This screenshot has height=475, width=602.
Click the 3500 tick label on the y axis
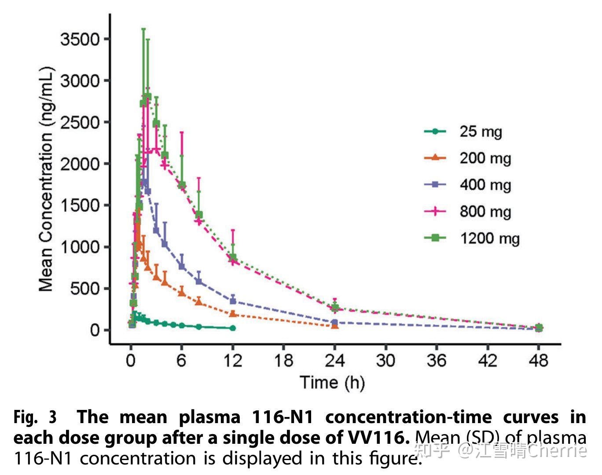point(80,40)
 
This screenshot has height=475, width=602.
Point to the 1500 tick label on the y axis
point(80,205)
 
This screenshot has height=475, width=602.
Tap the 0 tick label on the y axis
point(95,330)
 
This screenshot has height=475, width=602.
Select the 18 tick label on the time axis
point(283,361)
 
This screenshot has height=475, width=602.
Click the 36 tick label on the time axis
point(437,361)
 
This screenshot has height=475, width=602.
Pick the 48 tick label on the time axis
point(538,361)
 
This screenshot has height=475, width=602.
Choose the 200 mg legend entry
point(485,158)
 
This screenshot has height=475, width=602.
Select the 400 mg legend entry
point(485,185)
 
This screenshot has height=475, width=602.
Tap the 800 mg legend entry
point(485,212)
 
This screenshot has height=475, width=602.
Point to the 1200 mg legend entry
point(489,239)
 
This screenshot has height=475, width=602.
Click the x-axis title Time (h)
point(332,383)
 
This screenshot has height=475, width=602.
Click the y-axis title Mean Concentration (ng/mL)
point(46,179)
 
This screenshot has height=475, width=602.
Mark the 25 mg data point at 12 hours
point(233,328)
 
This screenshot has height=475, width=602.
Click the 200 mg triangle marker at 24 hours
point(335,325)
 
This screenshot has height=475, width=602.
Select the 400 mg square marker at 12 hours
point(233,301)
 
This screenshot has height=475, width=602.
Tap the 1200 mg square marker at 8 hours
point(199,215)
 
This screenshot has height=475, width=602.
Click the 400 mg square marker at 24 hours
point(334,322)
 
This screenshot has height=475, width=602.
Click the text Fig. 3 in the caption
point(35,417)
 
